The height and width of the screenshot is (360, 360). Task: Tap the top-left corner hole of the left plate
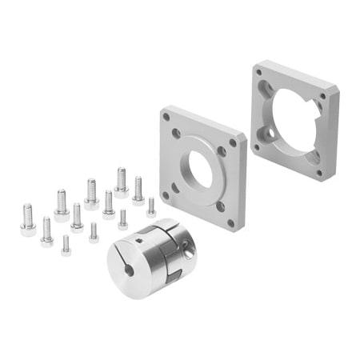point(166,117)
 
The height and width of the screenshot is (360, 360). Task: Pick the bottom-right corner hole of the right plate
point(318,170)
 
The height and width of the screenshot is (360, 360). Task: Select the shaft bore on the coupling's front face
point(129,270)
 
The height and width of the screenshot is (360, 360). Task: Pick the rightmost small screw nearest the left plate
point(150,207)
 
